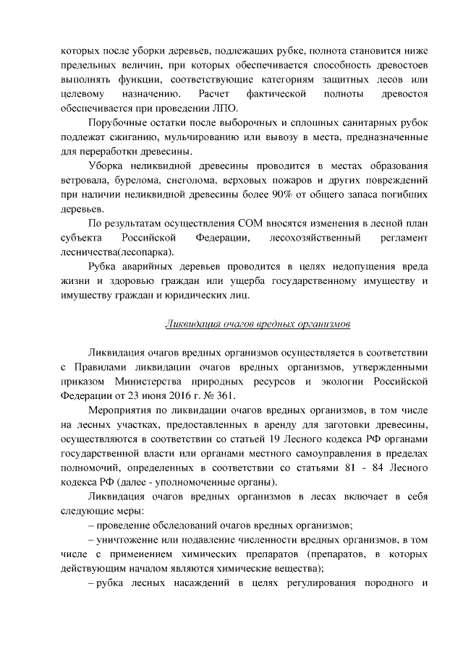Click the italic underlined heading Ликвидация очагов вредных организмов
click(x=258, y=323)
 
